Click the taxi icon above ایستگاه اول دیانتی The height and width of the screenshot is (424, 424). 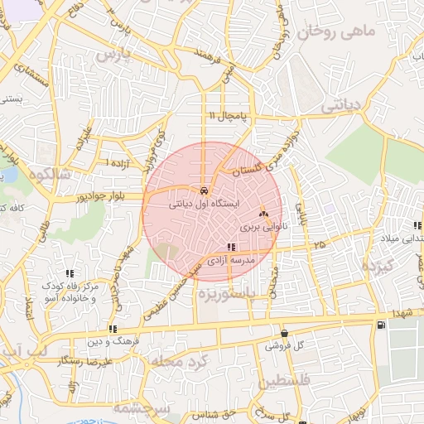click(x=204, y=189)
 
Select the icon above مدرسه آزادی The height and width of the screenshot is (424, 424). click(x=231, y=247)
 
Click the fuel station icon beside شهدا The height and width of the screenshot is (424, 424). click(x=380, y=324)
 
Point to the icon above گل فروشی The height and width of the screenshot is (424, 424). click(x=284, y=332)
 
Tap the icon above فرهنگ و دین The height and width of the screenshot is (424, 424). click(x=113, y=329)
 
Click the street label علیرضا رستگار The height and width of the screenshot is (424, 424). click(x=85, y=362)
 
